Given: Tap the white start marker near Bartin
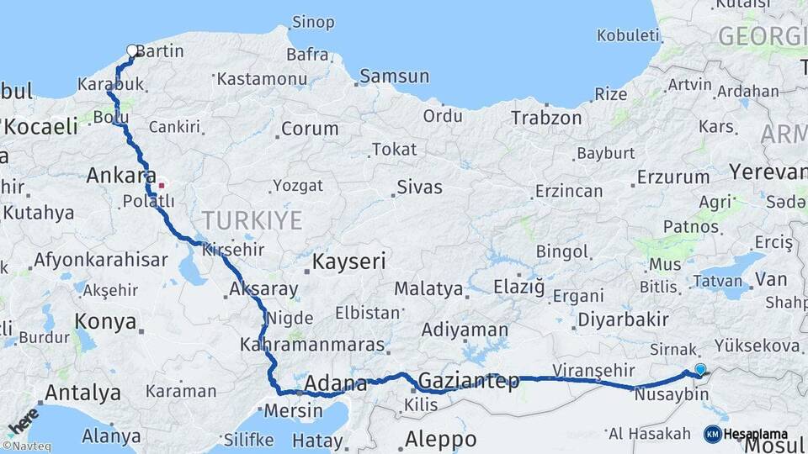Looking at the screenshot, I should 132,50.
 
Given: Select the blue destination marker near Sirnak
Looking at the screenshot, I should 700,368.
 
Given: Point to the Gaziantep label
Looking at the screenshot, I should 469,381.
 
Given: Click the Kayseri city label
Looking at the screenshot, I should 348,261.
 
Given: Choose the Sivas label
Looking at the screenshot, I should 419,187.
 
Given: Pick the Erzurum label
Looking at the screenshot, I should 673,177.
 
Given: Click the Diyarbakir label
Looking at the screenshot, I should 623,319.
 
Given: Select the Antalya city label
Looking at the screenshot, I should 82,392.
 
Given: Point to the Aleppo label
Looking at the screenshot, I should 440,439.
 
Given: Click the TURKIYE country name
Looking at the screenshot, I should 251,220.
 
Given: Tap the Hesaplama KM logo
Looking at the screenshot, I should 746,434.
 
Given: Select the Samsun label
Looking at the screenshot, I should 394,77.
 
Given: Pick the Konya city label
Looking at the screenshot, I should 105,321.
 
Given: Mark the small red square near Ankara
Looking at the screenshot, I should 162,184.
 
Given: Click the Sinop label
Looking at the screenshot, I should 312,22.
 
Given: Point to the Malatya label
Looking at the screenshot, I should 428,289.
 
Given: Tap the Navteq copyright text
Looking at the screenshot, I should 26,446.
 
